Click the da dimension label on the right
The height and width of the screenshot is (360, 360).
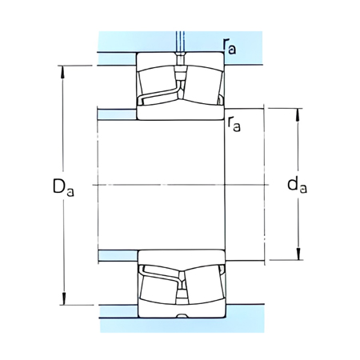click(297, 186)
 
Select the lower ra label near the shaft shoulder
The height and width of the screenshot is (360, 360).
click(234, 124)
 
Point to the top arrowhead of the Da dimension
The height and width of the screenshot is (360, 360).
click(62, 69)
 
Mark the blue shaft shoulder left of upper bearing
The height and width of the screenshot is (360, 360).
click(117, 113)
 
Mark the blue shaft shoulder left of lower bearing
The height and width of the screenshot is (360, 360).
click(117, 255)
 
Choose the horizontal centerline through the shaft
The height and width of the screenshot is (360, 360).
click(181, 184)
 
